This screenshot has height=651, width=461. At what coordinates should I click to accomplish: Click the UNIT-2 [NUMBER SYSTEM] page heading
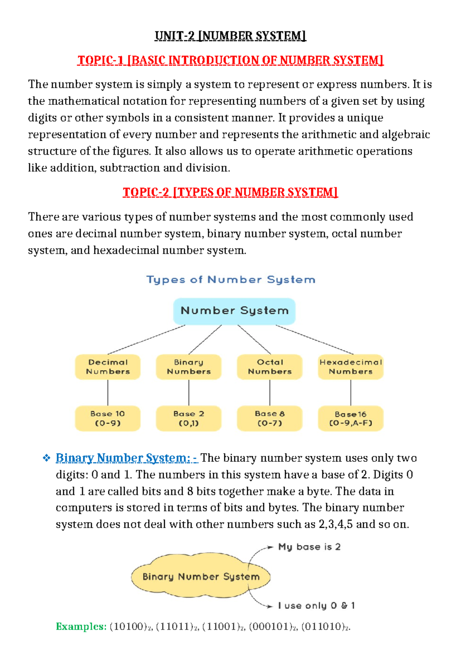[x=230, y=36]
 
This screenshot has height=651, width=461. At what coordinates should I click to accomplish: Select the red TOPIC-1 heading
[x=230, y=60]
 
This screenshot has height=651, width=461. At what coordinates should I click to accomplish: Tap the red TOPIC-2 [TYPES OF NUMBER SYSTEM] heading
[x=230, y=192]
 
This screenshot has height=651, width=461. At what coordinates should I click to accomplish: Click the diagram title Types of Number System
[x=231, y=280]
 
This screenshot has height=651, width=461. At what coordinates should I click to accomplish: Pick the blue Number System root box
[x=234, y=311]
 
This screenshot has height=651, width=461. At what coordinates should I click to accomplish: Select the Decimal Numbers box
[x=108, y=367]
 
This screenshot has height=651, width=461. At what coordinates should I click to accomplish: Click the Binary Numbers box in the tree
[x=189, y=367]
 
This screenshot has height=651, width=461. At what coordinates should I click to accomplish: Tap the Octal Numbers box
[x=270, y=367]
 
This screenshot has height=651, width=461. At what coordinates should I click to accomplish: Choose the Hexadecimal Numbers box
[x=351, y=367]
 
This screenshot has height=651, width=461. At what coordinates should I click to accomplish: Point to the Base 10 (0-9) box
[x=108, y=418]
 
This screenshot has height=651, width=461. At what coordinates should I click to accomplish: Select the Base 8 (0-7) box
[x=270, y=418]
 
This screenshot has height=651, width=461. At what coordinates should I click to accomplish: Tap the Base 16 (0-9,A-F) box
[x=351, y=418]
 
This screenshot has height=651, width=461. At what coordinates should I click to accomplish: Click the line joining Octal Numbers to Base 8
[x=270, y=393]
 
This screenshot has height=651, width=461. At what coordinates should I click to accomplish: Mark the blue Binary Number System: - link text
[x=127, y=458]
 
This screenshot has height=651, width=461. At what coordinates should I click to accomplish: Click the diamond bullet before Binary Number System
[x=46, y=458]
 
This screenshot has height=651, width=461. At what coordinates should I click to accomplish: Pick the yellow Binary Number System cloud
[x=201, y=577]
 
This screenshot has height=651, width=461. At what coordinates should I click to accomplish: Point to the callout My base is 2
[x=309, y=547]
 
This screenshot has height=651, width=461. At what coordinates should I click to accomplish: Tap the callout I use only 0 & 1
[x=316, y=606]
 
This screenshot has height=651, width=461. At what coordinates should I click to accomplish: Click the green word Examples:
[x=81, y=627]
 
